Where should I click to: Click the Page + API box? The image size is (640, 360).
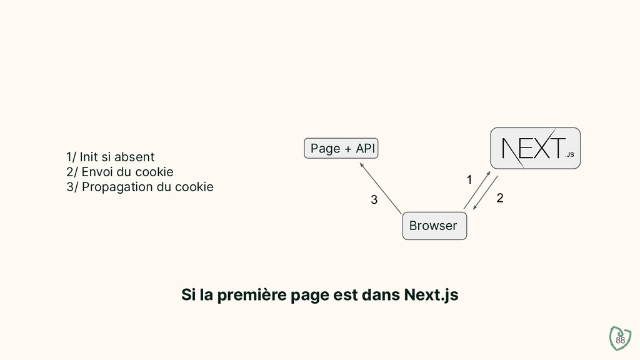tap(342, 149)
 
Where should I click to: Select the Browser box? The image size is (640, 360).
tap(434, 226)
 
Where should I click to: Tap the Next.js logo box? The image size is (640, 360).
tap(535, 148)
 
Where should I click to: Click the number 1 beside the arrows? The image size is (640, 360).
tap(470, 180)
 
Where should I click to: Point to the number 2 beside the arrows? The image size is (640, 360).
tap(499, 199)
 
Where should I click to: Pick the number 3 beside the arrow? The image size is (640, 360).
tap(374, 201)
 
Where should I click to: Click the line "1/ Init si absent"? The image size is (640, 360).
tap(110, 156)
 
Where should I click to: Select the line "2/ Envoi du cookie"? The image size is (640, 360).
tap(119, 172)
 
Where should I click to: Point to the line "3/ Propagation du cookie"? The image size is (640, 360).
tap(139, 187)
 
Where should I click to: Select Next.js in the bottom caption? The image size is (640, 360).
tap(431, 294)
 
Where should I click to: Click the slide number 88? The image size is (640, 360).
tap(620, 340)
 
